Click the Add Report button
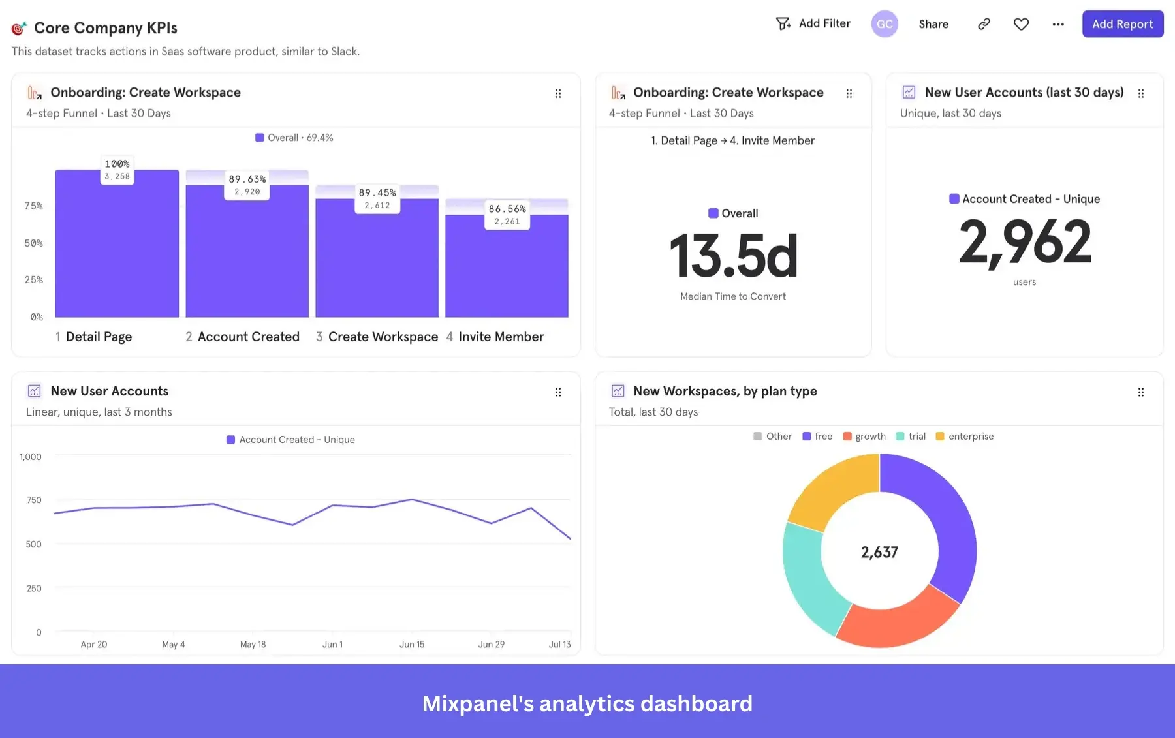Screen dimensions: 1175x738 coord(1122,24)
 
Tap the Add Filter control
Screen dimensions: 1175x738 coord(813,24)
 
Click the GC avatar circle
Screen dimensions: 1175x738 coord(885,24)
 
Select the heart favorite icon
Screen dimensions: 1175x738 coord(1021,24)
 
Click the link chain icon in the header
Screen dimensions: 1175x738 coord(984,24)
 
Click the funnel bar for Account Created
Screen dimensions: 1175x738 coord(247,254)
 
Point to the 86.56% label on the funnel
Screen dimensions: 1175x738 coord(507,209)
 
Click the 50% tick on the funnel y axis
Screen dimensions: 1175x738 coord(34,243)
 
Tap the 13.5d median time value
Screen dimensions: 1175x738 coord(733,256)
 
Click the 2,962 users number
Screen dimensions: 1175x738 coord(1024,242)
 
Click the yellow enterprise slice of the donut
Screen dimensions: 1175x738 coord(829,490)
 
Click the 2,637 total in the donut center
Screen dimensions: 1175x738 coord(879,553)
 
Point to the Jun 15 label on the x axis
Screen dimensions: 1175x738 coord(412,645)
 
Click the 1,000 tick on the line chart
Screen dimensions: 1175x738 coord(31,457)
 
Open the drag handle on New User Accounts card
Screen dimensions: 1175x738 coord(558,392)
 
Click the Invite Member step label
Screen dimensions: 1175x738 coord(501,337)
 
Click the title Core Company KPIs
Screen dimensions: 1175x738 coord(106,28)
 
